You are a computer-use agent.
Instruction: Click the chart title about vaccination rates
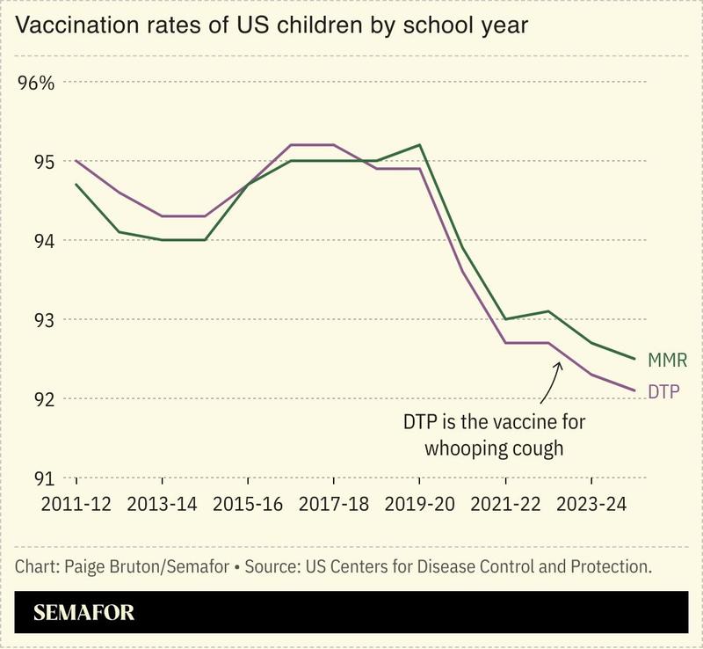tap(272, 26)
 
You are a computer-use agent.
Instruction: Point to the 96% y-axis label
tap(36, 84)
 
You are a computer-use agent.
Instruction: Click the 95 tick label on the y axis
tap(44, 162)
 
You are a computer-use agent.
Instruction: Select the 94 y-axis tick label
tap(44, 241)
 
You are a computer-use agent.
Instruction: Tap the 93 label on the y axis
tap(44, 320)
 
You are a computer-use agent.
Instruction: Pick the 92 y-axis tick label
tap(44, 399)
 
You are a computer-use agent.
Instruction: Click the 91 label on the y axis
tap(44, 478)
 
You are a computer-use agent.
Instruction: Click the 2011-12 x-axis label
tap(77, 506)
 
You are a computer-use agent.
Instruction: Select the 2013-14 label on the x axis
tap(163, 506)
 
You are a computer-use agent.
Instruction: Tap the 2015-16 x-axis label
tap(249, 506)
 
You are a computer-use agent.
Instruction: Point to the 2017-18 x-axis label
tap(334, 506)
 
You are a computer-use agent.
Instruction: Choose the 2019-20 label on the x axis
tap(420, 506)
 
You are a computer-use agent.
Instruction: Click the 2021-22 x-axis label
tap(506, 506)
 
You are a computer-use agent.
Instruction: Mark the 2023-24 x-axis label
tap(591, 506)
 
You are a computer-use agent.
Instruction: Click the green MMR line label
tap(667, 361)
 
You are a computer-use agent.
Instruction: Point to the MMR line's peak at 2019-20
tap(420, 145)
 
